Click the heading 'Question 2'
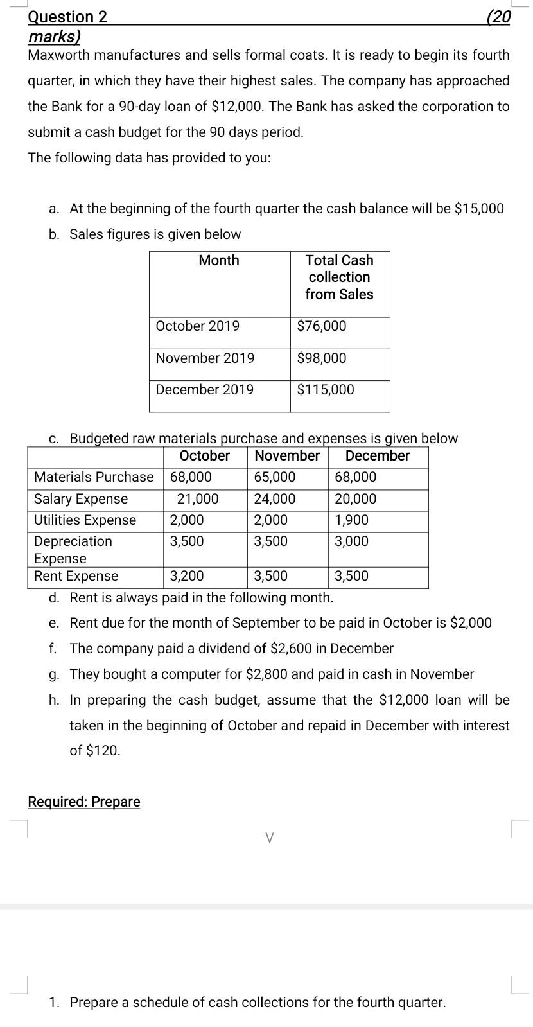(x=67, y=17)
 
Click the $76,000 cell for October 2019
(x=322, y=326)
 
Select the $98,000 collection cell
(x=322, y=358)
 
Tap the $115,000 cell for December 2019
(x=326, y=390)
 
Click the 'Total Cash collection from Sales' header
(x=339, y=277)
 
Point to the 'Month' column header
(x=219, y=260)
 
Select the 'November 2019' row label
(x=205, y=358)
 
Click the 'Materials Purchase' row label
(x=94, y=477)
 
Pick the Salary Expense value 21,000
(x=198, y=499)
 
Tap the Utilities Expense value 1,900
(x=352, y=520)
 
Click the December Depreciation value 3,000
(x=352, y=541)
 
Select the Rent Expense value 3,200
(x=187, y=576)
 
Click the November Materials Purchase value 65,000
(x=275, y=477)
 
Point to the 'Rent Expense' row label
(x=76, y=576)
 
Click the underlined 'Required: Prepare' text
(x=84, y=802)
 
